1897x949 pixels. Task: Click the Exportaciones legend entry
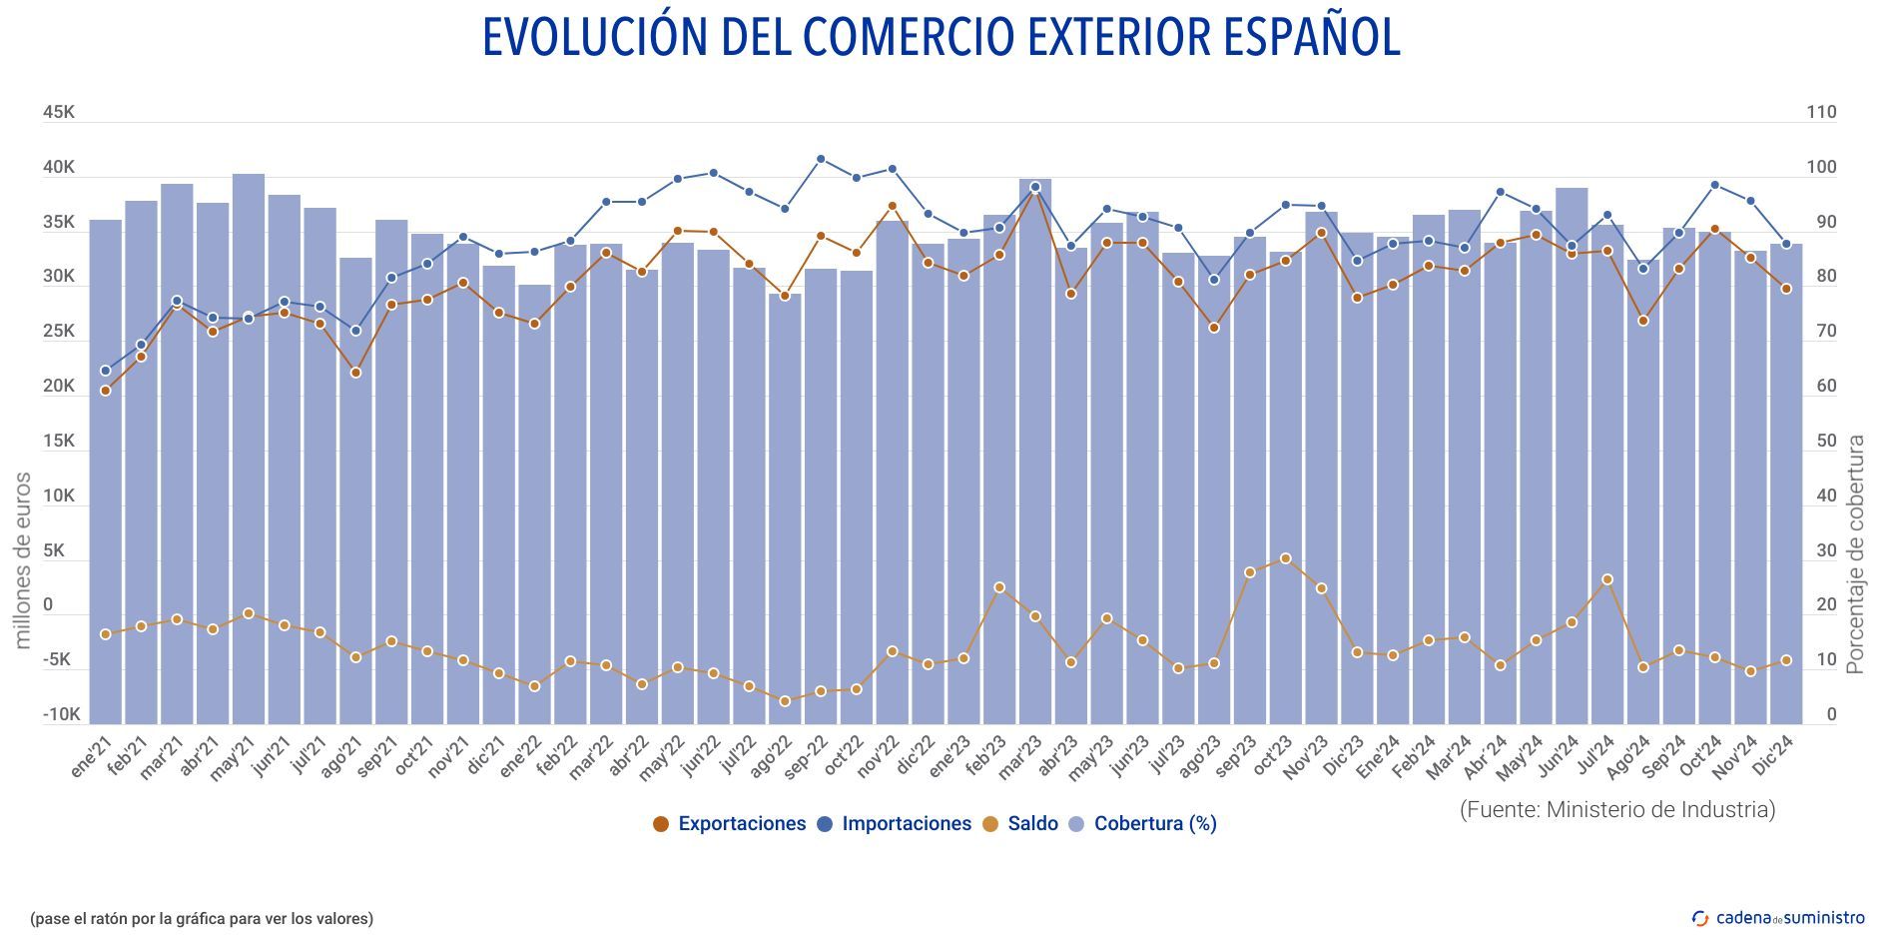(x=730, y=824)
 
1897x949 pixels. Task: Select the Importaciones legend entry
(x=895, y=824)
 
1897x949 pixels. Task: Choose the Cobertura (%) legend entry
(x=1143, y=824)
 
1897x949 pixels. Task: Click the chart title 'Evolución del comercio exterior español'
(x=942, y=37)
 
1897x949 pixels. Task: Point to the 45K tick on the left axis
(x=58, y=112)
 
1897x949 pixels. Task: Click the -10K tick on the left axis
(x=61, y=715)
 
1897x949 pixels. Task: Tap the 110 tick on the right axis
(x=1821, y=112)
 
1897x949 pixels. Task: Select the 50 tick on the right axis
(x=1825, y=441)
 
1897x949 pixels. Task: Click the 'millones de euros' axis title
(x=23, y=560)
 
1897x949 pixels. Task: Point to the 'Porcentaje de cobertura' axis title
(x=1856, y=554)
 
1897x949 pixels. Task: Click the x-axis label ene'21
(x=92, y=756)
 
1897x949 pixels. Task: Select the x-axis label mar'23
(x=1020, y=757)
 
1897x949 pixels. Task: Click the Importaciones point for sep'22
(x=821, y=159)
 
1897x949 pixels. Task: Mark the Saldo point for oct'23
(x=1286, y=559)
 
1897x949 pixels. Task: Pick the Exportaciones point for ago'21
(x=355, y=373)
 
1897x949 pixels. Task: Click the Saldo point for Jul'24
(x=1607, y=579)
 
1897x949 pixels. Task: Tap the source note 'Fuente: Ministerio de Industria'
(x=1617, y=809)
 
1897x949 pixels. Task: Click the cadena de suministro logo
(x=1778, y=918)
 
